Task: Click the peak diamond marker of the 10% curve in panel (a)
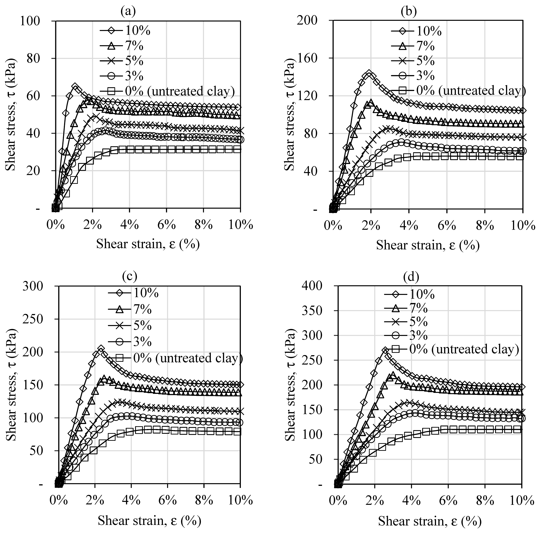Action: coord(75,87)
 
